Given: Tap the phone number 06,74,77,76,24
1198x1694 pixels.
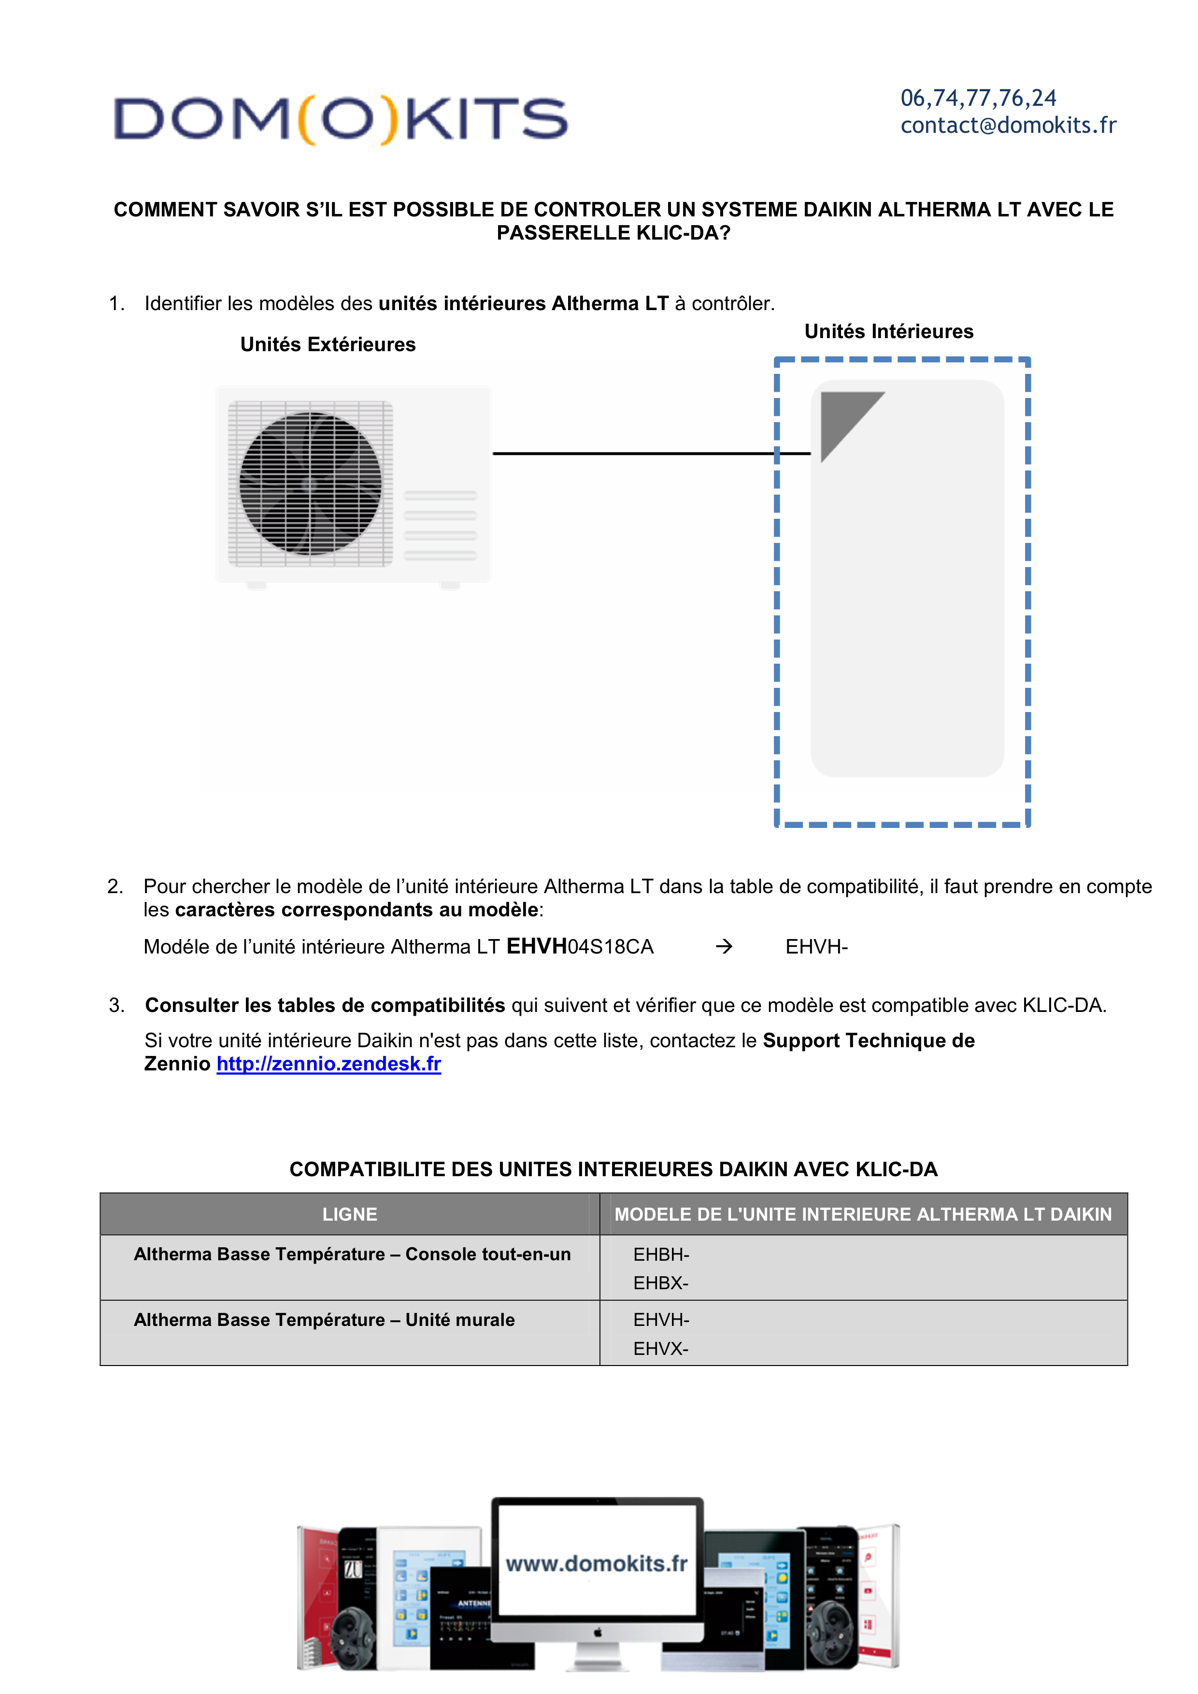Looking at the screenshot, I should tap(978, 98).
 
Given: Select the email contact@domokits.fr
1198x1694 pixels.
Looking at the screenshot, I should tap(1008, 126).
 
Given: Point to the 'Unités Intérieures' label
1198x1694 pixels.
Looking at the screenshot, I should tap(888, 331).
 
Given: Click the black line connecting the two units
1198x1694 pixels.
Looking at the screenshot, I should tap(634, 453).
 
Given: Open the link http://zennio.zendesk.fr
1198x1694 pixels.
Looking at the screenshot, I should tap(328, 1064).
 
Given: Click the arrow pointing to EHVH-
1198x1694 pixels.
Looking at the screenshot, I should tap(724, 947).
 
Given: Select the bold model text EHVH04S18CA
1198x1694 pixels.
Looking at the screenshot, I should tap(580, 947).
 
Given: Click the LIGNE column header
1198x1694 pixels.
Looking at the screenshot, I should tap(350, 1214).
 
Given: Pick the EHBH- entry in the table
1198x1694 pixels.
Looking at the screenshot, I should tap(661, 1254).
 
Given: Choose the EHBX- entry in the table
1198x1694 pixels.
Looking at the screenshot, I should tap(660, 1283).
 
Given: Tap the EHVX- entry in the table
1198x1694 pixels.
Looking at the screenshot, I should tap(660, 1349).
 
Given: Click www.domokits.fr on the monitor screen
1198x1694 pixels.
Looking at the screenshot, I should tap(596, 1564).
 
